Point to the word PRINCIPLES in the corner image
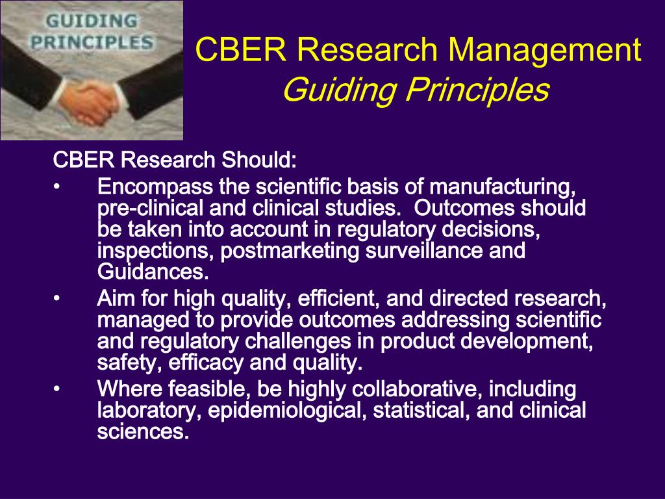(92, 44)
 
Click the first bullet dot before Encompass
(56, 187)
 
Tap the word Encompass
(155, 187)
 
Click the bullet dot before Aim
(56, 299)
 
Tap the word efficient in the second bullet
(337, 299)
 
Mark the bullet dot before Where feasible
(56, 389)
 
